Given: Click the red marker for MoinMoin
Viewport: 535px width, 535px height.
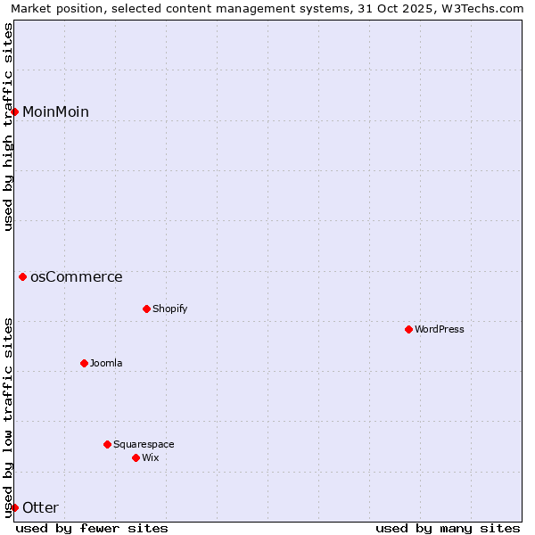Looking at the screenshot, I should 15,111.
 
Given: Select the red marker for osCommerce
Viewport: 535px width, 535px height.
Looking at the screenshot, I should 23,276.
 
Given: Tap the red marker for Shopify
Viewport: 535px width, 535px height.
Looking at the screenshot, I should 146,309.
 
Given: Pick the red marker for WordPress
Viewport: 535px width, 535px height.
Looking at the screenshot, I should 408,329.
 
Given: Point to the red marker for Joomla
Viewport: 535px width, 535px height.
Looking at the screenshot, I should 84,363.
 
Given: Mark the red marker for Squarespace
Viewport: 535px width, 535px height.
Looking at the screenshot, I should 107,444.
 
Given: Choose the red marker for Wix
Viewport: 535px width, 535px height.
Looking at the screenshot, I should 136,457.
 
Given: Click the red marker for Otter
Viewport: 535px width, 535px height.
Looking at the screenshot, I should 15,507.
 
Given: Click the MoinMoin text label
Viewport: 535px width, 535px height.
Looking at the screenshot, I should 55,111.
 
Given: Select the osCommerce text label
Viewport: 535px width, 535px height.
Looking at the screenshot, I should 76,276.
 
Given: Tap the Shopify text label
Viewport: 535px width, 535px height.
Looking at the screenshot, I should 169,309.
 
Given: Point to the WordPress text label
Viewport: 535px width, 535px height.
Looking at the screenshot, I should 439,329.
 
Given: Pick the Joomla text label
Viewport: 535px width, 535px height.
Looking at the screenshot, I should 106,363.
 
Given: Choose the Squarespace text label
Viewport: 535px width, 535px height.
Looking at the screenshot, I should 144,444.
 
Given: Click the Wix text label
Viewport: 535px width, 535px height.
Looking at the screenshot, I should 150,457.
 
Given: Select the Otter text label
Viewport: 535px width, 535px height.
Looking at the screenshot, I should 40,507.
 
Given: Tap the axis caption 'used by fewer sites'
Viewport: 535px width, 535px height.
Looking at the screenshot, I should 92,528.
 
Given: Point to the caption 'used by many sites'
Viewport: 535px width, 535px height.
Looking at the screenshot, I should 448,528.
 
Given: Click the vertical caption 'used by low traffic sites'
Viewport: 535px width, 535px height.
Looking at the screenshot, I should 9,416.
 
